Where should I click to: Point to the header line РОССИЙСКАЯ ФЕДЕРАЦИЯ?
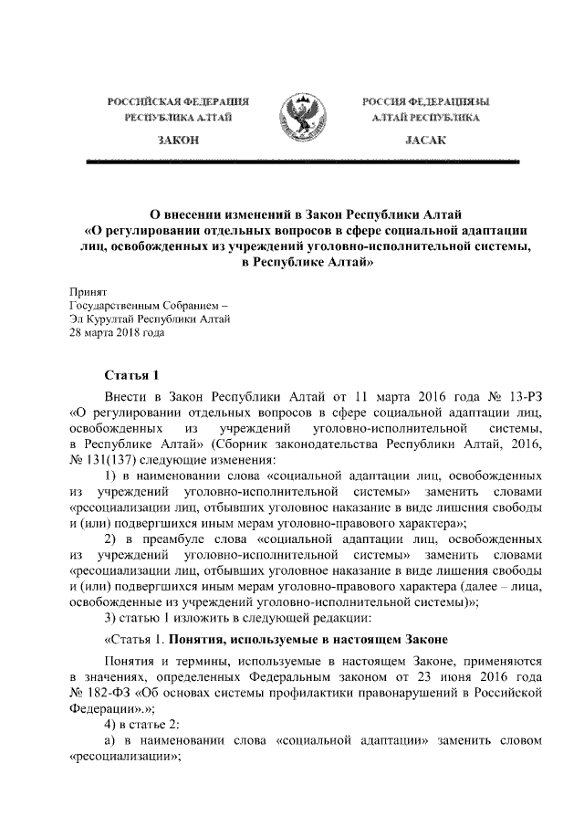(x=179, y=100)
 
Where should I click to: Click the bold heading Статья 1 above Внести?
(x=132, y=375)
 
